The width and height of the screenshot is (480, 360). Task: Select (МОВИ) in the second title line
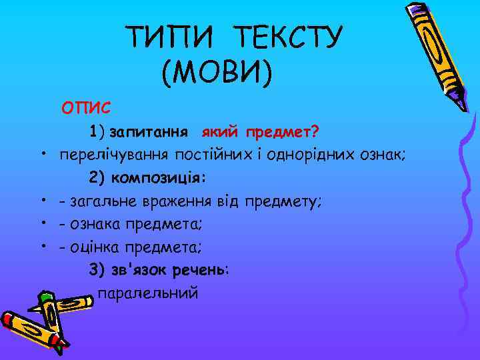[x=217, y=73]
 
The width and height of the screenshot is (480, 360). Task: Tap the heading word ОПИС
[x=87, y=107]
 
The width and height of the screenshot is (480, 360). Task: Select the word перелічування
[x=114, y=155]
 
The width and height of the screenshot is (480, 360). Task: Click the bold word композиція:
[x=159, y=178]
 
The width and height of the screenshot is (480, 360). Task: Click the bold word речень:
[x=200, y=270]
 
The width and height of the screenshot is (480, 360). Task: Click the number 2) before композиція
[x=97, y=178]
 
